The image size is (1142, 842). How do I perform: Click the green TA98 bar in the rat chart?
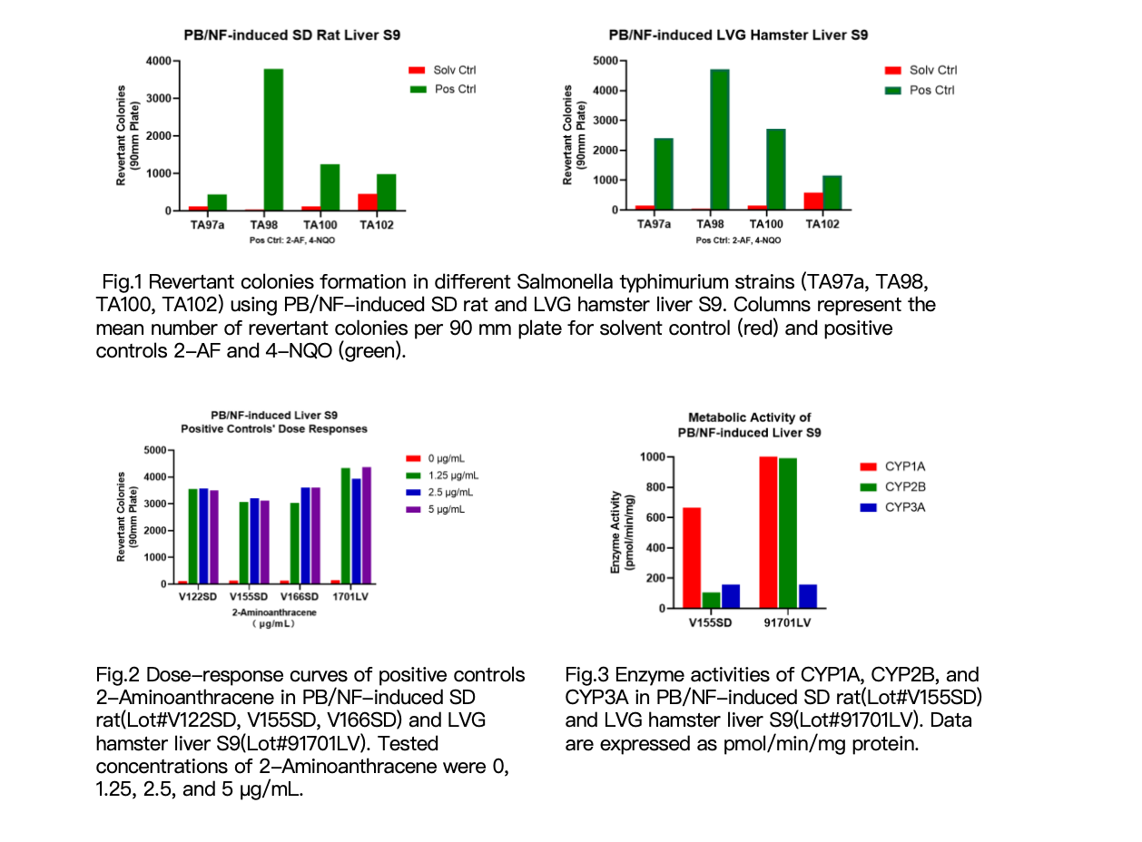point(273,140)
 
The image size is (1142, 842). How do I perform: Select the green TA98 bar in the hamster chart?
point(719,140)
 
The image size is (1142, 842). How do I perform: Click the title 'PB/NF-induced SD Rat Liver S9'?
point(291,35)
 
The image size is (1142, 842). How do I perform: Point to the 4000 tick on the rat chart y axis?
point(159,61)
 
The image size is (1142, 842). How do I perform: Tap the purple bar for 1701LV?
point(366,525)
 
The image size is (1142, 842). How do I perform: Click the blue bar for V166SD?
point(305,535)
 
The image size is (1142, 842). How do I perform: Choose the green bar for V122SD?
point(192,536)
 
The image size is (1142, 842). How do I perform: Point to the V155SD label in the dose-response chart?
point(249,596)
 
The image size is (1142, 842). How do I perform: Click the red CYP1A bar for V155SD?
point(692,558)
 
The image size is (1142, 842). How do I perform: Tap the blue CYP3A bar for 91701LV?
point(807,597)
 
